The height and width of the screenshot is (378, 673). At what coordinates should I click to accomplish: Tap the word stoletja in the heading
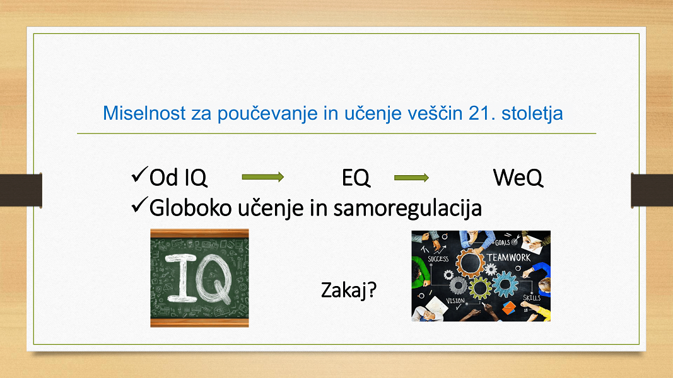pyautogui.click(x=532, y=114)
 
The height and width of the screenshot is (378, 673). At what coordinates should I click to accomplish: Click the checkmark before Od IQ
pyautogui.click(x=139, y=175)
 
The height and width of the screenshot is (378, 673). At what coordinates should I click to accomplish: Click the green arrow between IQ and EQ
pyautogui.click(x=262, y=177)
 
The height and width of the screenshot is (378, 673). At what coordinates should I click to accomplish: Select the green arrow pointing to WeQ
pyautogui.click(x=411, y=178)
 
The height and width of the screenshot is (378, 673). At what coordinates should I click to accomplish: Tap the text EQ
pyautogui.click(x=356, y=178)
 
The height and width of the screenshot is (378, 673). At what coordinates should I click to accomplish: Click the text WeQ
pyautogui.click(x=518, y=178)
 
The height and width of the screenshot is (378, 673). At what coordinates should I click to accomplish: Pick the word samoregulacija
pyautogui.click(x=407, y=209)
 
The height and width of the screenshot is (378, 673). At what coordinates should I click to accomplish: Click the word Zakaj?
pyautogui.click(x=349, y=290)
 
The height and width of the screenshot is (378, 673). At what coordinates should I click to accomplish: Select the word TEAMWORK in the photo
pyautogui.click(x=508, y=258)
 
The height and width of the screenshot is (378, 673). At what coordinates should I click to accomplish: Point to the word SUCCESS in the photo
pyautogui.click(x=438, y=259)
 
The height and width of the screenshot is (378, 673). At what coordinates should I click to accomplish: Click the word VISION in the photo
pyautogui.click(x=455, y=301)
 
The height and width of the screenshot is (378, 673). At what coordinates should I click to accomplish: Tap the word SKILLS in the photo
pyautogui.click(x=532, y=297)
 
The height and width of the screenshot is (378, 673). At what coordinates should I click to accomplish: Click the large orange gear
pyautogui.click(x=471, y=263)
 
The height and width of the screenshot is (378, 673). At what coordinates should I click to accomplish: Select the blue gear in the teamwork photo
pyautogui.click(x=505, y=284)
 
